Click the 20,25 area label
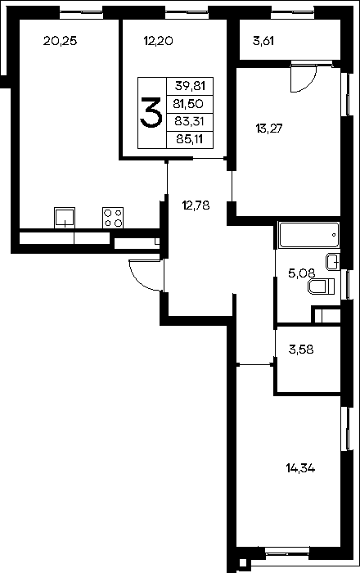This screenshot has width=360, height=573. [61, 41]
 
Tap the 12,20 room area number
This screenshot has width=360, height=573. [158, 41]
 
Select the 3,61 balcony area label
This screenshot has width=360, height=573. [263, 41]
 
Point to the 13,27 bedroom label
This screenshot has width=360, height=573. [269, 129]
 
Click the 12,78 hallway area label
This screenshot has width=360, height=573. [196, 205]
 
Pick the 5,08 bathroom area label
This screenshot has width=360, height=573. [302, 273]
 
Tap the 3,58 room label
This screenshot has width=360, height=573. [301, 350]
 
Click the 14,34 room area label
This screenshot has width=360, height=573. [300, 468]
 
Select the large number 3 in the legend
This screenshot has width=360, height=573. [151, 113]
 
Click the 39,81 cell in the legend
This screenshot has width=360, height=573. [190, 86]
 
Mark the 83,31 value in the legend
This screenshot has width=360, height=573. [189, 121]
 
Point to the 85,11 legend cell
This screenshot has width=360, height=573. [190, 139]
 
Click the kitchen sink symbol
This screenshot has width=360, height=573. [65, 218]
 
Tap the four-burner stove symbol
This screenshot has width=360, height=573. [113, 219]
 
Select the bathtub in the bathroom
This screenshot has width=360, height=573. [308, 235]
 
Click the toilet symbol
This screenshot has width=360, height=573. [322, 286]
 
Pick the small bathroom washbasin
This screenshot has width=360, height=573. [333, 262]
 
